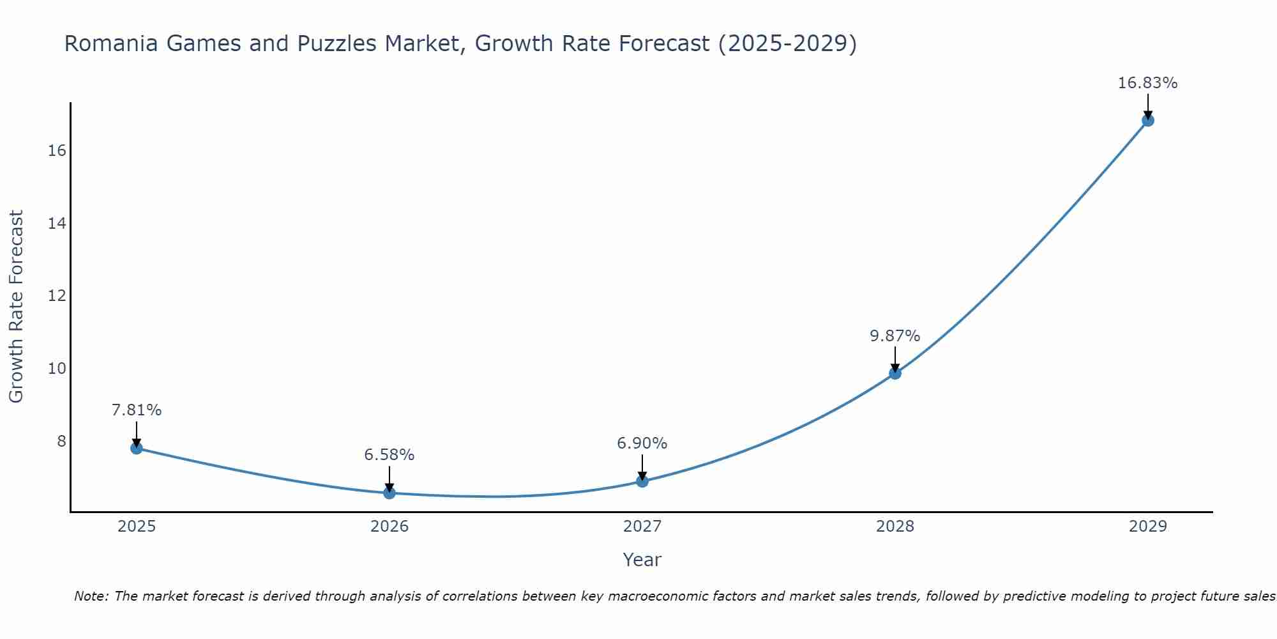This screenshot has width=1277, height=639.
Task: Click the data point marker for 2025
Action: pyautogui.click(x=136, y=448)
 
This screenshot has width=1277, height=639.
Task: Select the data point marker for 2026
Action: pyautogui.click(x=389, y=493)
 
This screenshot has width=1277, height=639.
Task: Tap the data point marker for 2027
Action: pyautogui.click(x=642, y=481)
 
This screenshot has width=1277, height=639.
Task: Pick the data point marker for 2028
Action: pyautogui.click(x=895, y=373)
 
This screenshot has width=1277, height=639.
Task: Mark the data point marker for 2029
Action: pyautogui.click(x=1147, y=120)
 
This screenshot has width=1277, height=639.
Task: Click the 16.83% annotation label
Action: pyautogui.click(x=1147, y=83)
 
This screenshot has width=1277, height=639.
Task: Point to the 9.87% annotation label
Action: pyautogui.click(x=895, y=336)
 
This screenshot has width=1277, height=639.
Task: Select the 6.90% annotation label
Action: pyautogui.click(x=642, y=443)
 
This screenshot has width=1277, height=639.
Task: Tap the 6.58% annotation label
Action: pyautogui.click(x=389, y=455)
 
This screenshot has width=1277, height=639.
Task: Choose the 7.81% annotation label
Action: pyautogui.click(x=136, y=410)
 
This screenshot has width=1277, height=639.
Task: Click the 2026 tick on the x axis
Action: pyautogui.click(x=389, y=527)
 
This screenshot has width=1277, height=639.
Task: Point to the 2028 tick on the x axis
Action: pyautogui.click(x=895, y=527)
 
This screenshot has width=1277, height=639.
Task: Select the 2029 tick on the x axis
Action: pyautogui.click(x=1147, y=527)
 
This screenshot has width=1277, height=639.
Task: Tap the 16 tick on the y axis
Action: pyautogui.click(x=57, y=151)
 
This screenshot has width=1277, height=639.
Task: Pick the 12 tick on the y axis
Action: pyautogui.click(x=57, y=296)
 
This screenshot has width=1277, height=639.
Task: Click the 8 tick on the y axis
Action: pyautogui.click(x=61, y=442)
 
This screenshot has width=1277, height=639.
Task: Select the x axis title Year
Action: pyautogui.click(x=642, y=560)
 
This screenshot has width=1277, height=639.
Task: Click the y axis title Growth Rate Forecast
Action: pyautogui.click(x=17, y=307)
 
